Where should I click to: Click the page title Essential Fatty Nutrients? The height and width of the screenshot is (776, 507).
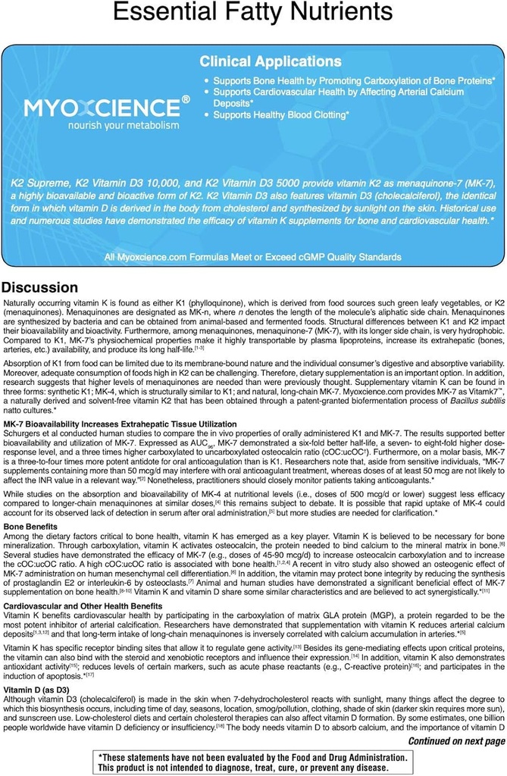click(x=253, y=14)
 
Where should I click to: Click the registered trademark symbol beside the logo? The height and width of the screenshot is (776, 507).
click(x=186, y=99)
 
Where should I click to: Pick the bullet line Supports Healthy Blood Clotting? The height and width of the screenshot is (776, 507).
click(x=281, y=115)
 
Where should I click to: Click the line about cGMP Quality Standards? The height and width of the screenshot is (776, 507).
click(x=253, y=258)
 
